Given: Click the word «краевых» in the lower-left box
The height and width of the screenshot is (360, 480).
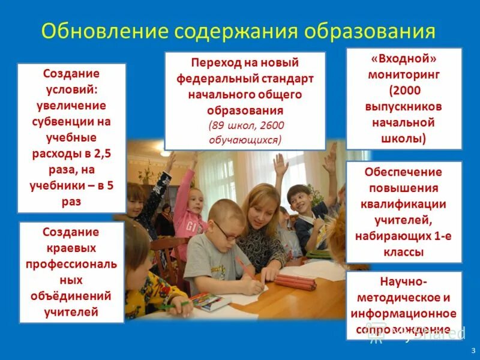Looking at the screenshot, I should [71, 247].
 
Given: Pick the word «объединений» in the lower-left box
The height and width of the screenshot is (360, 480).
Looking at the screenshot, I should [71, 295].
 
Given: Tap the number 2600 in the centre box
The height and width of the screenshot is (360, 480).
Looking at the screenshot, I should [272, 125].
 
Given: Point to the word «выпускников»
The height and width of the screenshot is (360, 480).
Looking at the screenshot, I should [404, 107].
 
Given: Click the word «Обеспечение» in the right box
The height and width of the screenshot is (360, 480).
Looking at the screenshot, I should [404, 172].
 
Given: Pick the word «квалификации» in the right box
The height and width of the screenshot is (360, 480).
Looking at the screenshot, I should [404, 204].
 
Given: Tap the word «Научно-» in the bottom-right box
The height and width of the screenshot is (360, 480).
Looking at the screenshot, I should [404, 281].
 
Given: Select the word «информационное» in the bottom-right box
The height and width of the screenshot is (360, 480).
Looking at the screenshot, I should [404, 314].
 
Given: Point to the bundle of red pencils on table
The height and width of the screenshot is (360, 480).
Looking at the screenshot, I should [295, 281].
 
